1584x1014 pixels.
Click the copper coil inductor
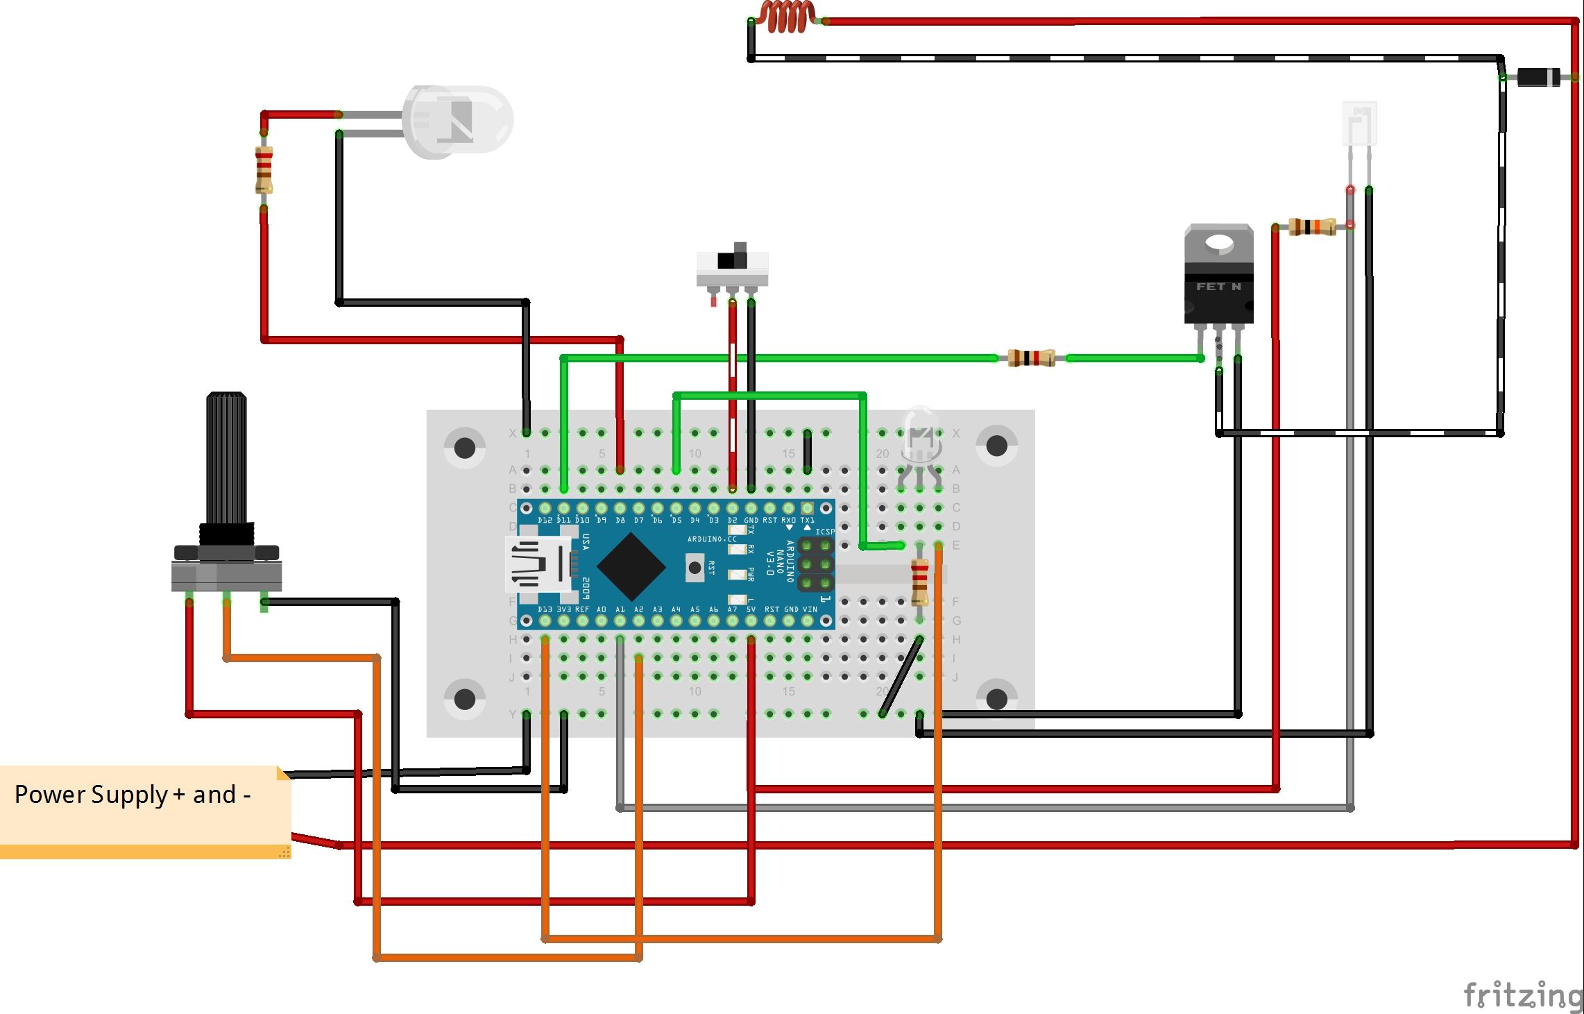click(x=787, y=17)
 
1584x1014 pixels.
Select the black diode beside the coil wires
click(x=1538, y=77)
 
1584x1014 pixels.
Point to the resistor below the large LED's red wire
click(x=264, y=170)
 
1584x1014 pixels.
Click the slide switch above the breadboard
click(x=732, y=267)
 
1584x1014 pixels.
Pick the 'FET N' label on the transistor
click(x=1218, y=287)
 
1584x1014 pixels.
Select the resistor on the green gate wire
click(x=1032, y=358)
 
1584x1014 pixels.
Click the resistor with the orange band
click(x=1311, y=226)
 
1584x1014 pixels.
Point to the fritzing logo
click(x=1522, y=995)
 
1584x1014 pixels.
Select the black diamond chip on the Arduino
click(x=631, y=567)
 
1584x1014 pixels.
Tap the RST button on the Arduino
click(x=695, y=567)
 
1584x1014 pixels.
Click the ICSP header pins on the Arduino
click(x=815, y=564)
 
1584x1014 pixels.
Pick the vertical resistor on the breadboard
click(x=920, y=583)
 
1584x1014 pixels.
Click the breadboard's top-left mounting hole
click(x=464, y=448)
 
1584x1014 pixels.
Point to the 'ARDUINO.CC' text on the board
click(x=711, y=539)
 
